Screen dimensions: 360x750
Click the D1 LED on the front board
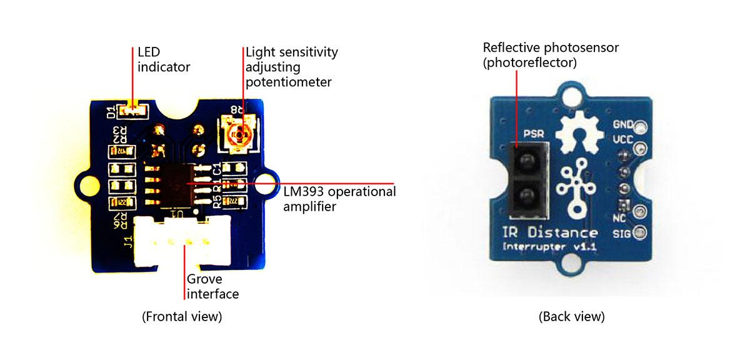[133, 112]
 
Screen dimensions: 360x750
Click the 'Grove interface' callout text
[212, 286]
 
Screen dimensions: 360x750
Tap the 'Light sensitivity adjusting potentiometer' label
[291, 66]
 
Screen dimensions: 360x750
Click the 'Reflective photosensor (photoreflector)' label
[551, 55]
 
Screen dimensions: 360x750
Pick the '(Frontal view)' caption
[182, 316]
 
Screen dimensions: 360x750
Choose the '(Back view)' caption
[571, 316]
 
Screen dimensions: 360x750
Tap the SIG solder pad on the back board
[639, 233]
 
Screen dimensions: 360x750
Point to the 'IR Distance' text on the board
[550, 233]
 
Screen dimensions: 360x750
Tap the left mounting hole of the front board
[86, 183]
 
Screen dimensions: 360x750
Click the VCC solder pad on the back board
[640, 149]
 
